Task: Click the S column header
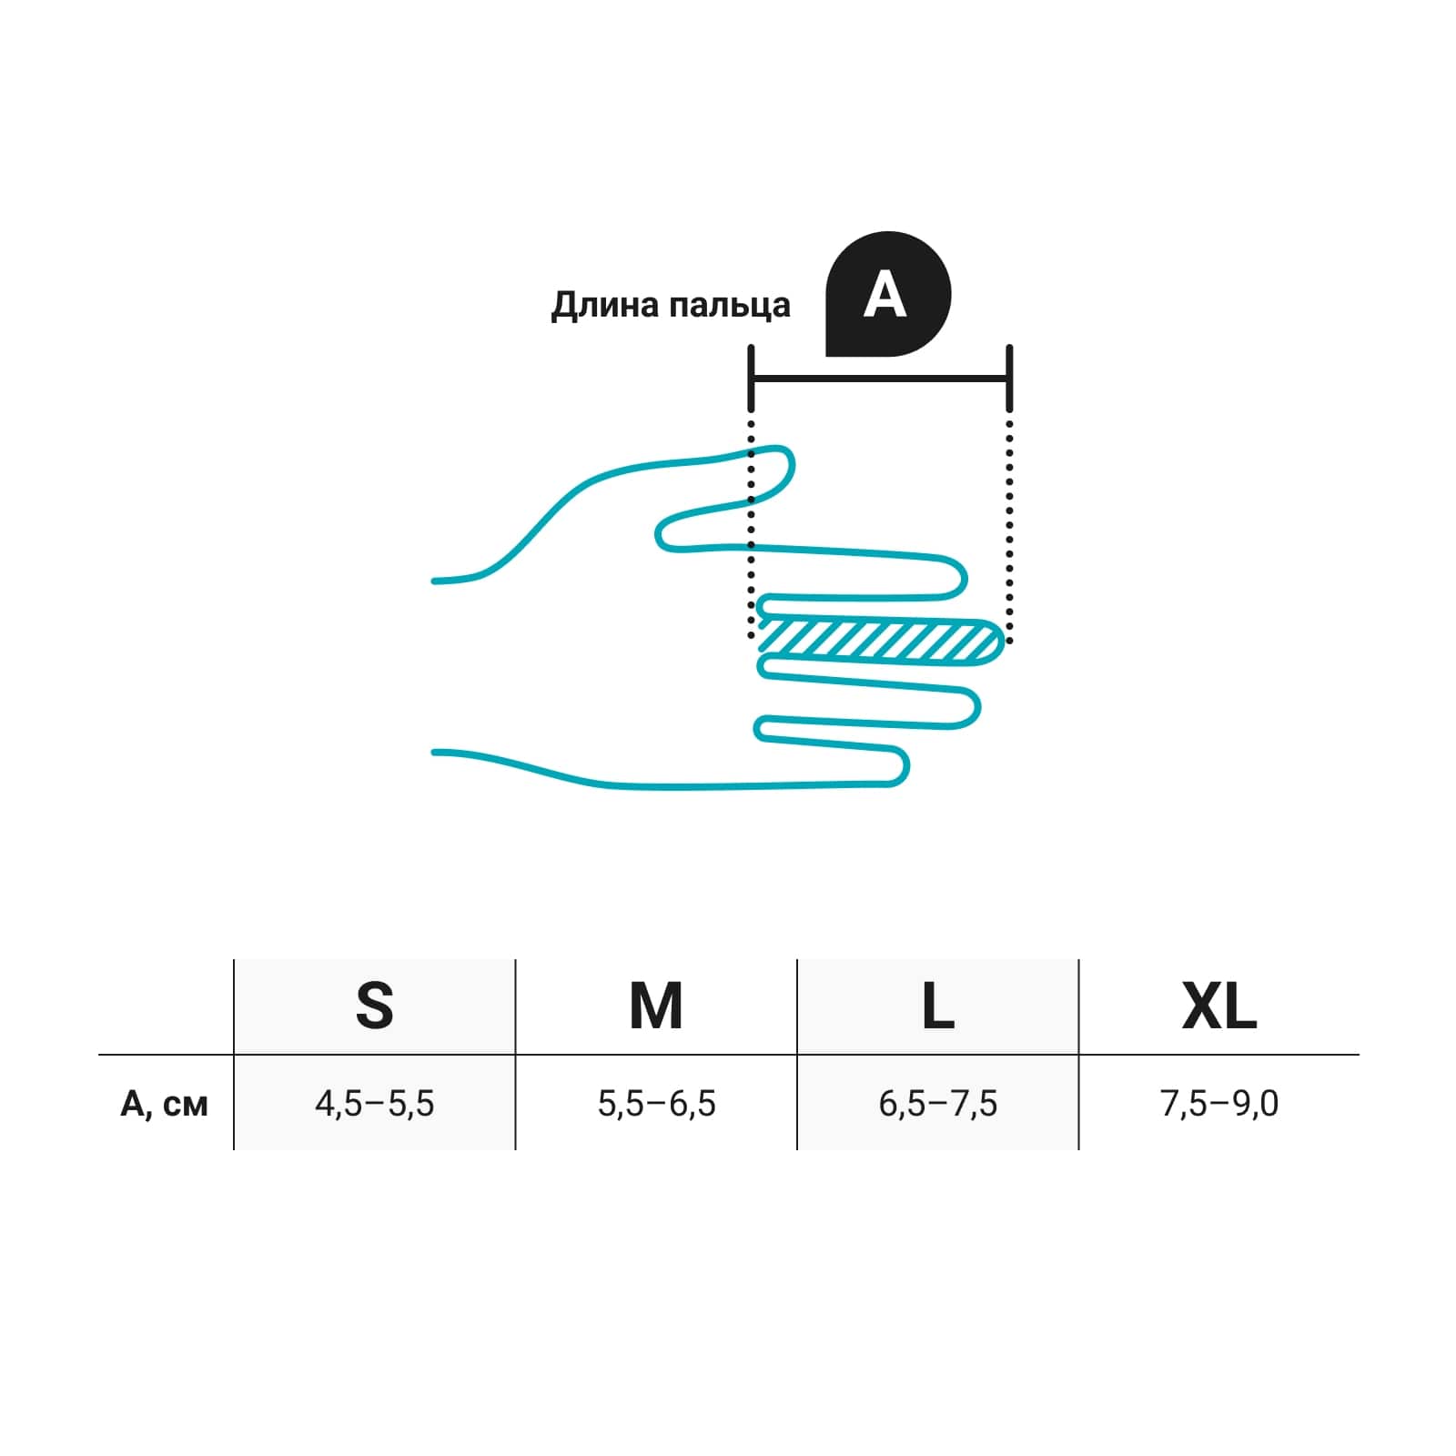375,1006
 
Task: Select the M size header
656,1006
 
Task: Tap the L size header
938,1006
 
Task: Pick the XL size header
1219,1006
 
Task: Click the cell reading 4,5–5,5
375,1104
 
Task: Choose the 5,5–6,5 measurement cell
656,1104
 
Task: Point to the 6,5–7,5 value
938,1104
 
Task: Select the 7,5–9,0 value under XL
1219,1104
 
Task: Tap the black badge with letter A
887,294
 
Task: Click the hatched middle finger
881,641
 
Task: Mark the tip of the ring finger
979,707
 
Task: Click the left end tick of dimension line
751,378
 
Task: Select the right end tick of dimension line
1009,378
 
